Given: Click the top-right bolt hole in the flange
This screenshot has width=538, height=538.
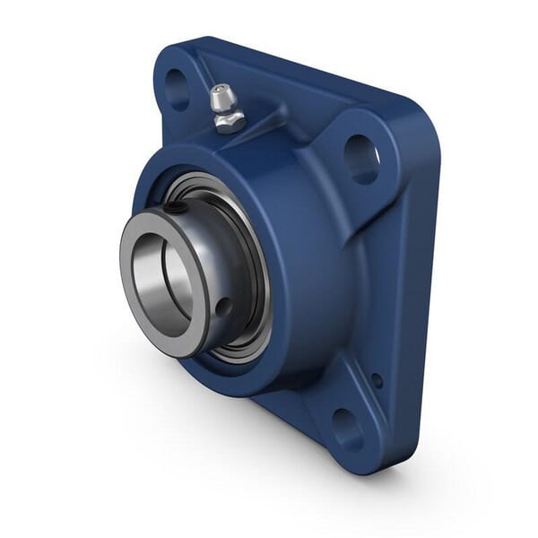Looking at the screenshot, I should click(360, 159).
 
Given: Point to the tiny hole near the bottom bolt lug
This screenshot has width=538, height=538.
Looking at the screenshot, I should click(377, 380).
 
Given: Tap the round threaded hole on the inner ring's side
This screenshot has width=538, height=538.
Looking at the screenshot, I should click(223, 308).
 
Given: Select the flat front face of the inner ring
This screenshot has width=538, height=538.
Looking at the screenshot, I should click(134, 296).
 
